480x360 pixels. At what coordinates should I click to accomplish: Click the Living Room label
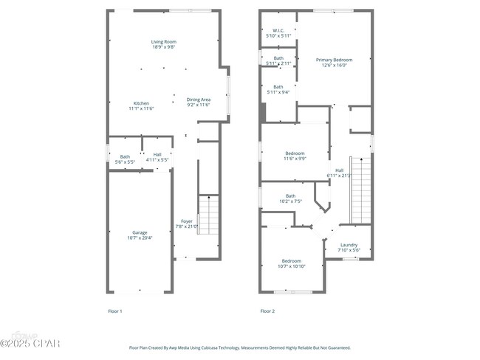tap(164, 42)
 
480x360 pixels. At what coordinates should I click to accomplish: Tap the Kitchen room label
tap(141, 103)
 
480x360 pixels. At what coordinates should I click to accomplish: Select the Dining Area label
tap(199, 100)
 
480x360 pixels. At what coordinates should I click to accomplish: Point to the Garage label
tap(140, 232)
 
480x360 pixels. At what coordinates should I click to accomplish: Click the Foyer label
tap(187, 221)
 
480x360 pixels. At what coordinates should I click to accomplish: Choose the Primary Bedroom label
tap(334, 60)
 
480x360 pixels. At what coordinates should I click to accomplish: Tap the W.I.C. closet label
tap(278, 31)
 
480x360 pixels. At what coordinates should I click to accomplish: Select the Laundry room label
tap(349, 245)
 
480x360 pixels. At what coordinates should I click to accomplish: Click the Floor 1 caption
tap(115, 311)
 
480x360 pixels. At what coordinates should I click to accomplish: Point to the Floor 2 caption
tap(267, 311)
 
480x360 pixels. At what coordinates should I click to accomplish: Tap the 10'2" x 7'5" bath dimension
tap(290, 201)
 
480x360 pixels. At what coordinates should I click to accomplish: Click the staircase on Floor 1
tap(210, 215)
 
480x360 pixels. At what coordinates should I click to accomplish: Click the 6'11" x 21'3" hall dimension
tap(339, 176)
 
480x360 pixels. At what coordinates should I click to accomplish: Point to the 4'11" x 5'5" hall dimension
tap(157, 160)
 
